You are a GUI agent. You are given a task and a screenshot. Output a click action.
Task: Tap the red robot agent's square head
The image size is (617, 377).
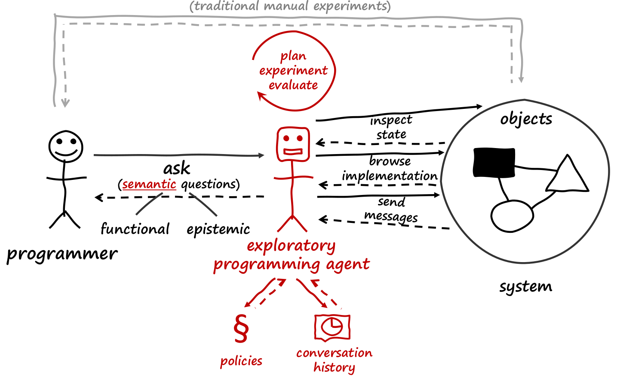point(293,144)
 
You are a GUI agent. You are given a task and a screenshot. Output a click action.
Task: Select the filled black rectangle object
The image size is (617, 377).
point(494,163)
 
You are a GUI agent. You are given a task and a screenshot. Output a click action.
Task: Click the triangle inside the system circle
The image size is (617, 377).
point(567,177)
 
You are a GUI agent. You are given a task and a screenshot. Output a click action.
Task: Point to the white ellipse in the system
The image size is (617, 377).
point(512,216)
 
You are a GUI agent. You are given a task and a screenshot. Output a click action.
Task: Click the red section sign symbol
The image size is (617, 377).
point(241,328)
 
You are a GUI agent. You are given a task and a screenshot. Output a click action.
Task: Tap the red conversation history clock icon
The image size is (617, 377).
point(332,328)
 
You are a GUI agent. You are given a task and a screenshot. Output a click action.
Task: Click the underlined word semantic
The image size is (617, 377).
point(149,184)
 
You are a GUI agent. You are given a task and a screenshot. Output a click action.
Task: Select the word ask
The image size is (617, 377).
point(177,168)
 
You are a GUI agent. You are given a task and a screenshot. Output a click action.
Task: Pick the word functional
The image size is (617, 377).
point(135,229)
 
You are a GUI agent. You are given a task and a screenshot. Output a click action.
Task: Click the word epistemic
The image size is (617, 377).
point(218,229)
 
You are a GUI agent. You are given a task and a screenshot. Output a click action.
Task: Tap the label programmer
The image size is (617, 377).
point(62,254)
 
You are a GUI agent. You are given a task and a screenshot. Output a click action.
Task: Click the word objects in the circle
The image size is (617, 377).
point(526,119)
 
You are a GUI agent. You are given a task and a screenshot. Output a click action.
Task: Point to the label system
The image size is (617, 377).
point(525,286)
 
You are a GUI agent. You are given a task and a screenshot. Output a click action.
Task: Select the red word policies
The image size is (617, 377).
point(241,361)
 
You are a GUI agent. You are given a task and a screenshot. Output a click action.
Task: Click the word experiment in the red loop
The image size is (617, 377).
point(293,71)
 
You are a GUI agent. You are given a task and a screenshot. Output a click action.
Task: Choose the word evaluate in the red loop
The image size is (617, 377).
point(293,85)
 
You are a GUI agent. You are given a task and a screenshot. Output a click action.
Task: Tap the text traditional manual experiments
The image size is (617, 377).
point(290,6)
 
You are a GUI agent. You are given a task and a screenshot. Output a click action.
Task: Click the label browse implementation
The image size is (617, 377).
point(390,168)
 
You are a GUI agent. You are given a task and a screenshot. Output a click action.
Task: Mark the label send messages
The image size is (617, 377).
point(391,209)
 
